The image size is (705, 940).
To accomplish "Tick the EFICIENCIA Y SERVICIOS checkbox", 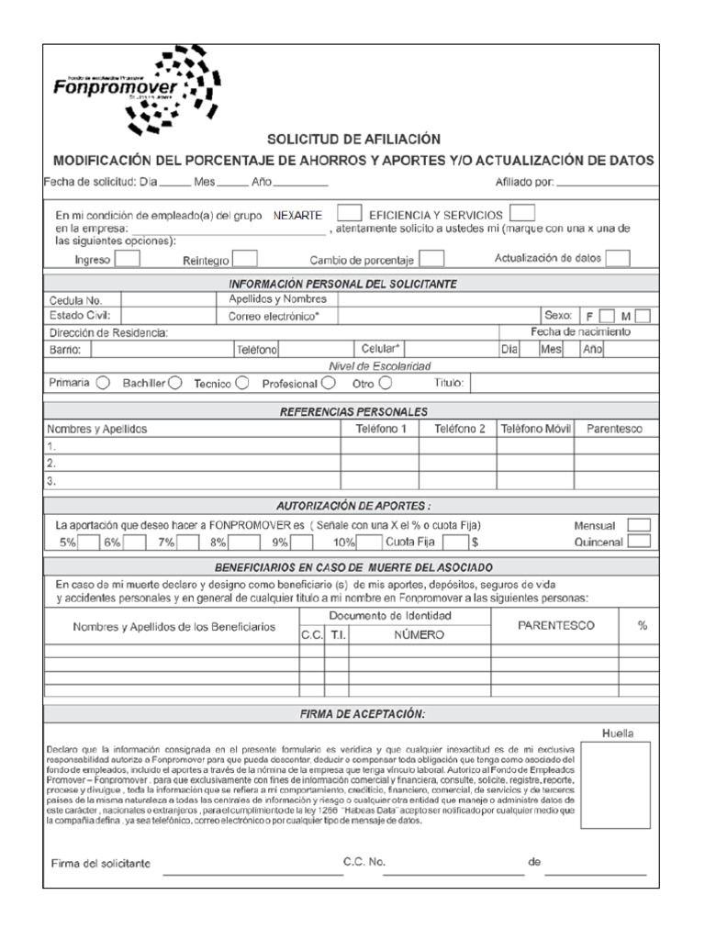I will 521,213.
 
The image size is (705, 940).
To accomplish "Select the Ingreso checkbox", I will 128,259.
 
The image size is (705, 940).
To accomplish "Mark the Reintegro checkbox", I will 245,260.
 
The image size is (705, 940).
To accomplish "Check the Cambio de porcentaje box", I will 432,260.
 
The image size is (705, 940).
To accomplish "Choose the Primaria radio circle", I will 104,383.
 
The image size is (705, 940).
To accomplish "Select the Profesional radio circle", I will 328,383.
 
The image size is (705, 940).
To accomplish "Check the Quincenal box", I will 639,542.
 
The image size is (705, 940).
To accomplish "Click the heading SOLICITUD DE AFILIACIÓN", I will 353,140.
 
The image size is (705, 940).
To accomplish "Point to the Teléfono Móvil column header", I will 534,429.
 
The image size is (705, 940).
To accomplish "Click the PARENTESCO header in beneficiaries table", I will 555,625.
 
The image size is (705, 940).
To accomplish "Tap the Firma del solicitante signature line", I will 252,873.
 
